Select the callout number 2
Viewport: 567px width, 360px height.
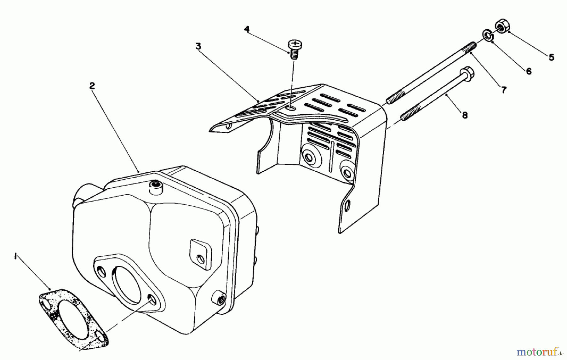tap(92, 86)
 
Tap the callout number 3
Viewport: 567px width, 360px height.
tap(198, 47)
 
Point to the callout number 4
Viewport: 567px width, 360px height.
tap(247, 29)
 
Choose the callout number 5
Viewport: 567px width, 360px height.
tap(551, 58)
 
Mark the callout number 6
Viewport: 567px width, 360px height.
tap(529, 71)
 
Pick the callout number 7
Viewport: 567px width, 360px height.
tap(504, 90)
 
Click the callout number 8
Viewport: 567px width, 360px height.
tap(465, 115)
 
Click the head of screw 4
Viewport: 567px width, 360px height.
tap(295, 44)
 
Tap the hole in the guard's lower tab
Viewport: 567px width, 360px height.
tap(347, 205)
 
